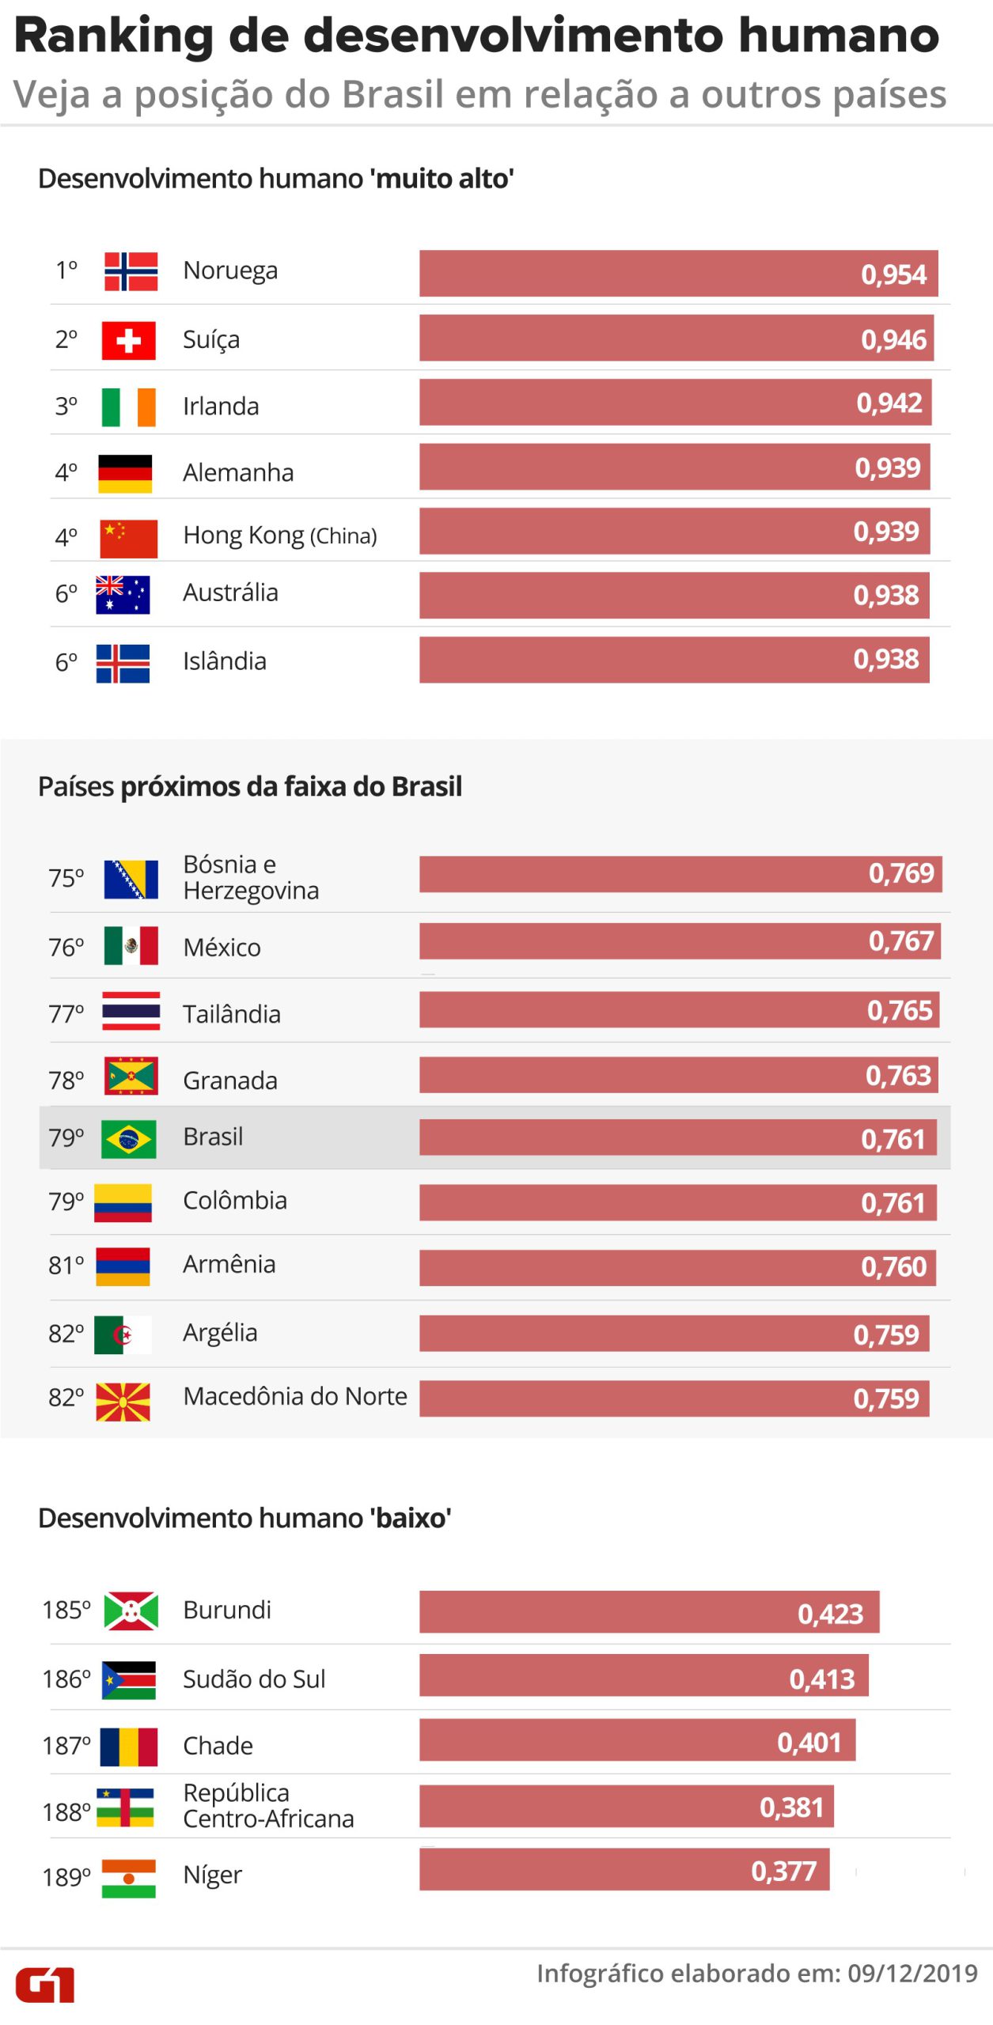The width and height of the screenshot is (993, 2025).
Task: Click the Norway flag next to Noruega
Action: click(131, 271)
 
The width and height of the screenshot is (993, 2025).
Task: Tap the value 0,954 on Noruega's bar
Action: click(893, 274)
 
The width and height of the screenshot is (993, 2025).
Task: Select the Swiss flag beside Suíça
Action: click(128, 341)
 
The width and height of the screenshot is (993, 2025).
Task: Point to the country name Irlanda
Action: click(221, 407)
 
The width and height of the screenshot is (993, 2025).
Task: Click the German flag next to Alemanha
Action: click(125, 473)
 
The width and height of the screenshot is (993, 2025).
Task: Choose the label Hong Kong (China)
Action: click(279, 536)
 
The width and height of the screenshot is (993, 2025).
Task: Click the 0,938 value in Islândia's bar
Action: click(885, 659)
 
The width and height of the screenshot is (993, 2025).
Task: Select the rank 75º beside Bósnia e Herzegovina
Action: click(66, 878)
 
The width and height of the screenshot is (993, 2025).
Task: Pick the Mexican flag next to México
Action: click(131, 945)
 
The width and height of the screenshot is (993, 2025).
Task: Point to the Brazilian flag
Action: click(128, 1139)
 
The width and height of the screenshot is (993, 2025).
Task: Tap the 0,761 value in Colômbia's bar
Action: click(893, 1203)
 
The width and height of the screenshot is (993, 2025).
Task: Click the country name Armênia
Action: click(229, 1264)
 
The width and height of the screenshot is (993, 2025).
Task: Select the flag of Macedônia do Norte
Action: click(123, 1402)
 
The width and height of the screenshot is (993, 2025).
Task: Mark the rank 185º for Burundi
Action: click(66, 1610)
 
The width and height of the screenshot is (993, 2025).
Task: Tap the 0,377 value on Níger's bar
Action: click(783, 1871)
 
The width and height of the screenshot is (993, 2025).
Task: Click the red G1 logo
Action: click(45, 1984)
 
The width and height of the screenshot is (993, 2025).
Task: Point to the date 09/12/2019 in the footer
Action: click(912, 1974)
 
